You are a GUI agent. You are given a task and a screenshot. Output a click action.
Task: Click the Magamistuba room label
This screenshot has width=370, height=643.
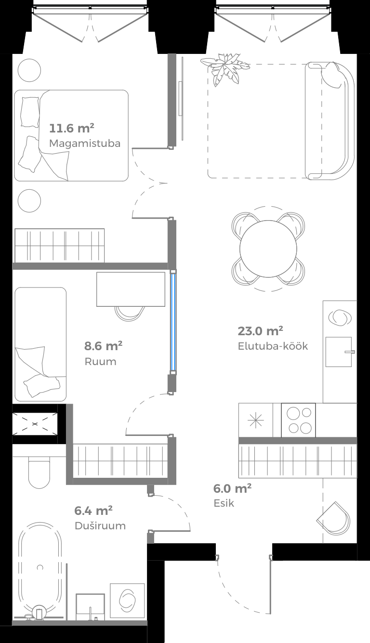pyautogui.click(x=84, y=144)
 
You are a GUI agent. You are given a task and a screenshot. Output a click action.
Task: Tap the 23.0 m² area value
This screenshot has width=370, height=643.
pyautogui.click(x=260, y=331)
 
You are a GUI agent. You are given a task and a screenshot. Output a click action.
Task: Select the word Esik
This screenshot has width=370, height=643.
pyautogui.click(x=224, y=503)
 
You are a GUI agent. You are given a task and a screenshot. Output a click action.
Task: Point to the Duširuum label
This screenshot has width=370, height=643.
pyautogui.click(x=100, y=525)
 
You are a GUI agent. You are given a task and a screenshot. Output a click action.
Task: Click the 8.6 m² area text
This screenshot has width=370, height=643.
pyautogui.click(x=103, y=346)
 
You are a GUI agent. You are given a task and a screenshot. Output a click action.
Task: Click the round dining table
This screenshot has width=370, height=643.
pyautogui.click(x=268, y=249)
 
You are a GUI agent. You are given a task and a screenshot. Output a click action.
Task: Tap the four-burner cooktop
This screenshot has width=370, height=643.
pyautogui.click(x=298, y=420)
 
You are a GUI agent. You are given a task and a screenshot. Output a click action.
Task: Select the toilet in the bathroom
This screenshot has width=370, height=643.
pyautogui.click(x=39, y=472)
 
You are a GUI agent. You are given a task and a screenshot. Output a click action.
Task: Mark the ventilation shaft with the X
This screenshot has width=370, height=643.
pyautogui.click(x=35, y=424)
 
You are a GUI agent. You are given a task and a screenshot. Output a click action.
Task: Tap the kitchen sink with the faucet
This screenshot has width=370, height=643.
pyautogui.click(x=339, y=352)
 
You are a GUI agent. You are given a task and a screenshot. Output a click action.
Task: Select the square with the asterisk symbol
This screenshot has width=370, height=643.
pyautogui.click(x=255, y=420)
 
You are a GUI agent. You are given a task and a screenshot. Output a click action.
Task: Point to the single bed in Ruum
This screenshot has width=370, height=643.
pyautogui.click(x=40, y=344)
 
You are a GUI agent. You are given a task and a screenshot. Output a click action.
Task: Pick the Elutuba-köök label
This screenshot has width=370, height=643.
pyautogui.click(x=273, y=346)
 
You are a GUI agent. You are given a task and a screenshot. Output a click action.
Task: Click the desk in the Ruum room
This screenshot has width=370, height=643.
pyautogui.click(x=131, y=289)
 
